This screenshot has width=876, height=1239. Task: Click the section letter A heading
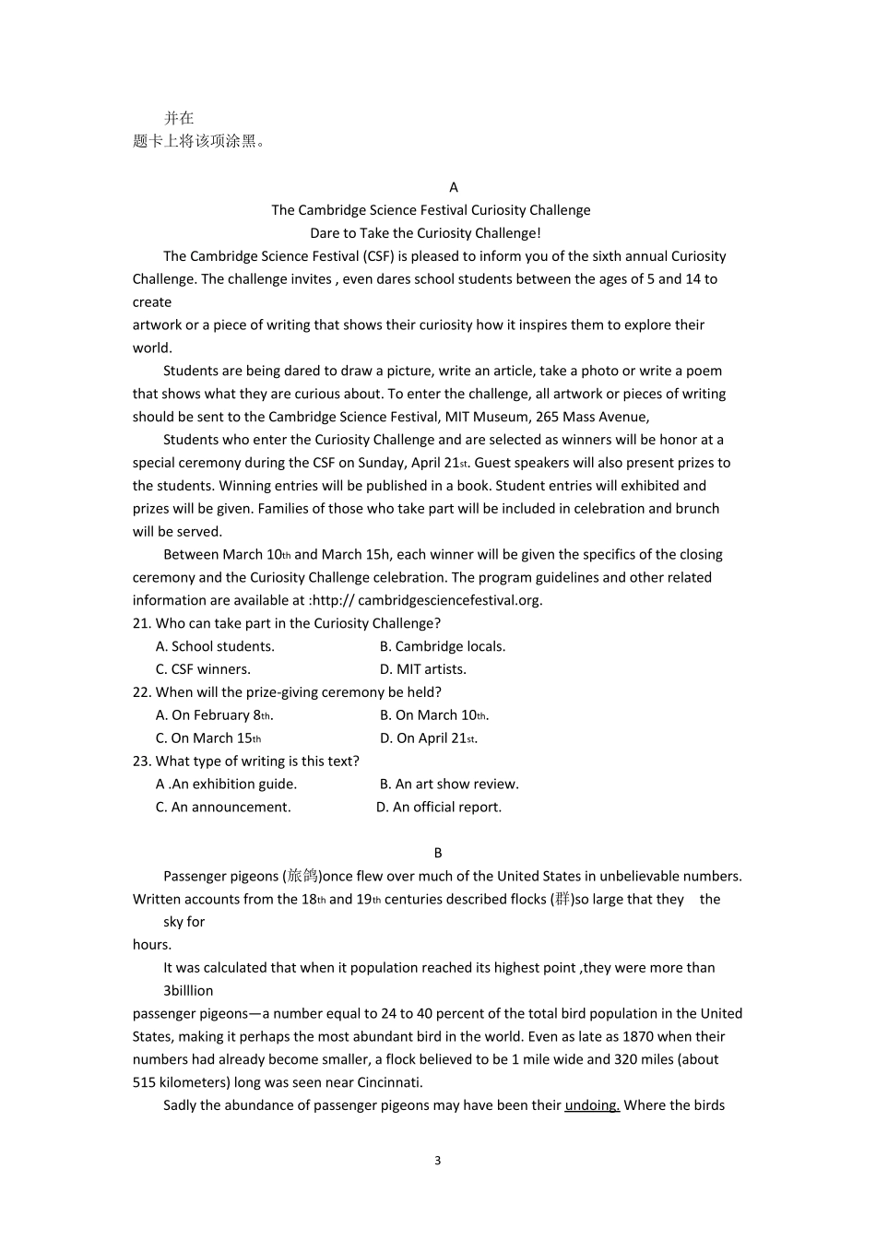[x=453, y=187]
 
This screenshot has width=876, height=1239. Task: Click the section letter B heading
[x=438, y=853]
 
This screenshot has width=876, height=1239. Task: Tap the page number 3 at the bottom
[x=438, y=1160]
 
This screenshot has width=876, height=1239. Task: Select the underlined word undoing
[x=592, y=1105]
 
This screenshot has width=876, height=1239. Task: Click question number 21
[x=142, y=623]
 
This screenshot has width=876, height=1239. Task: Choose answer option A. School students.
[x=215, y=646]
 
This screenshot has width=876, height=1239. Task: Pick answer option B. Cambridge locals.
[x=443, y=646]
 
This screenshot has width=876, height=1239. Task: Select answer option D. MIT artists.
[x=423, y=669]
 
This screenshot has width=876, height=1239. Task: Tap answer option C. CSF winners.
[x=203, y=669]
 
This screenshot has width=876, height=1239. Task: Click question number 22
[x=142, y=692]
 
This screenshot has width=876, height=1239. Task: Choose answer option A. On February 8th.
[x=214, y=715]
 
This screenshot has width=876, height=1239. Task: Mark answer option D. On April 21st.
[x=429, y=738]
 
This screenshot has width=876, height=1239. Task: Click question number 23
[x=142, y=761]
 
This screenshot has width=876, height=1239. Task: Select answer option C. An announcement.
[x=223, y=808]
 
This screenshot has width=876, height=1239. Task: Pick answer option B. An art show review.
[x=449, y=785]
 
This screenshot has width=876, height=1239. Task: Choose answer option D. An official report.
[x=439, y=808]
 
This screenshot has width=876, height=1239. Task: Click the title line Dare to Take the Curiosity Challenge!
[x=426, y=233]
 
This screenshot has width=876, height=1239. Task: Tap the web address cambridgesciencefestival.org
[x=450, y=600]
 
